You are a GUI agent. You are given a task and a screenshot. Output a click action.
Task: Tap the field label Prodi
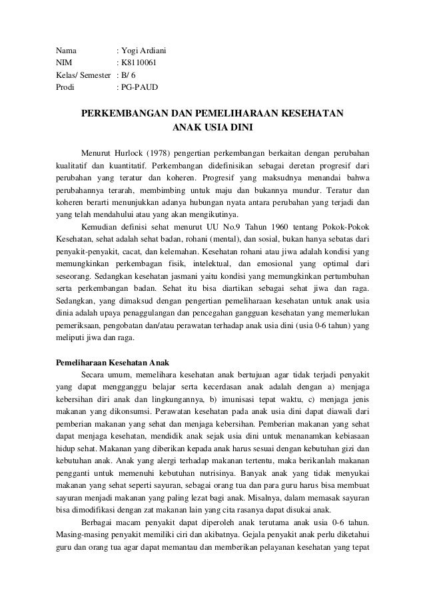tap(65, 87)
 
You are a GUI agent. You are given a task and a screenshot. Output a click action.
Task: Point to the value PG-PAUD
tap(140, 87)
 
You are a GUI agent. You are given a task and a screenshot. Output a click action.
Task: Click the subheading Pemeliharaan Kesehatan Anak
tap(113, 362)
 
